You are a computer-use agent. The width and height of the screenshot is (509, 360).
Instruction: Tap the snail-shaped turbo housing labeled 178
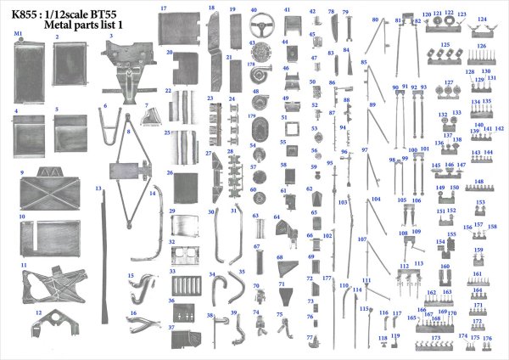coord(261,71)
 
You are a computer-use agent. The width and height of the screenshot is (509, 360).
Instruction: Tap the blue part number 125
coord(445,43)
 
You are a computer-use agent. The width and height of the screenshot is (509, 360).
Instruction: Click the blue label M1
coord(18,32)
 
